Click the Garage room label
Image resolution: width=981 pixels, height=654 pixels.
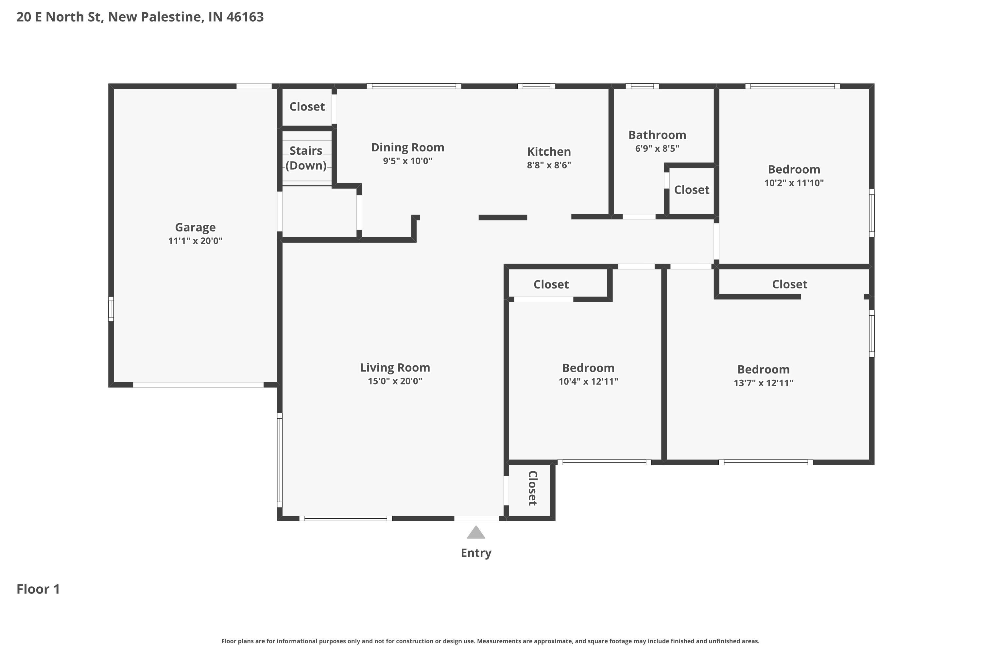[195, 227]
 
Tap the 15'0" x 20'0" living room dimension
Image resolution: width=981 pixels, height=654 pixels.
[395, 381]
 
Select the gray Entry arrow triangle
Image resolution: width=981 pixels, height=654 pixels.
[476, 533]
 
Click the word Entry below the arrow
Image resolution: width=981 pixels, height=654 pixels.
[476, 553]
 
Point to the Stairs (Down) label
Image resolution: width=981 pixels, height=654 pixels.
[306, 158]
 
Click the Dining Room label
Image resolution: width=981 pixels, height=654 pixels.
[407, 148]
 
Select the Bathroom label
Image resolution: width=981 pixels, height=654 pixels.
[657, 135]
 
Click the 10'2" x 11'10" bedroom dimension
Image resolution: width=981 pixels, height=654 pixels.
[794, 183]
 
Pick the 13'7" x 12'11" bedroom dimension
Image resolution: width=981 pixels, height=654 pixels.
[763, 383]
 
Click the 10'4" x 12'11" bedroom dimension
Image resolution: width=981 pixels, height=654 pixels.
[588, 382]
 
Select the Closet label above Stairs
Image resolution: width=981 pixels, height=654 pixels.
[307, 107]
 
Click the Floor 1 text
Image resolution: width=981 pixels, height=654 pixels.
[38, 589]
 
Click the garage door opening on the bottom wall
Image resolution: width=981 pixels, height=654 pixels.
[198, 385]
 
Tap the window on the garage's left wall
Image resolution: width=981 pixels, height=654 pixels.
[111, 309]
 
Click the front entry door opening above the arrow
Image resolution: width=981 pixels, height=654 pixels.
[476, 518]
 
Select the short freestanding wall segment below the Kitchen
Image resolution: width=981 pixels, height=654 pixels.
[503, 217]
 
